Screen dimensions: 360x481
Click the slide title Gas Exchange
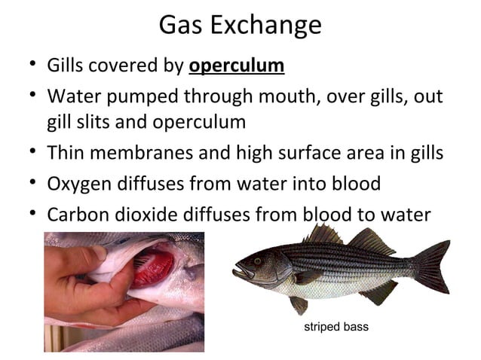(240, 26)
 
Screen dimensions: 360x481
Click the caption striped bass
(336, 328)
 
